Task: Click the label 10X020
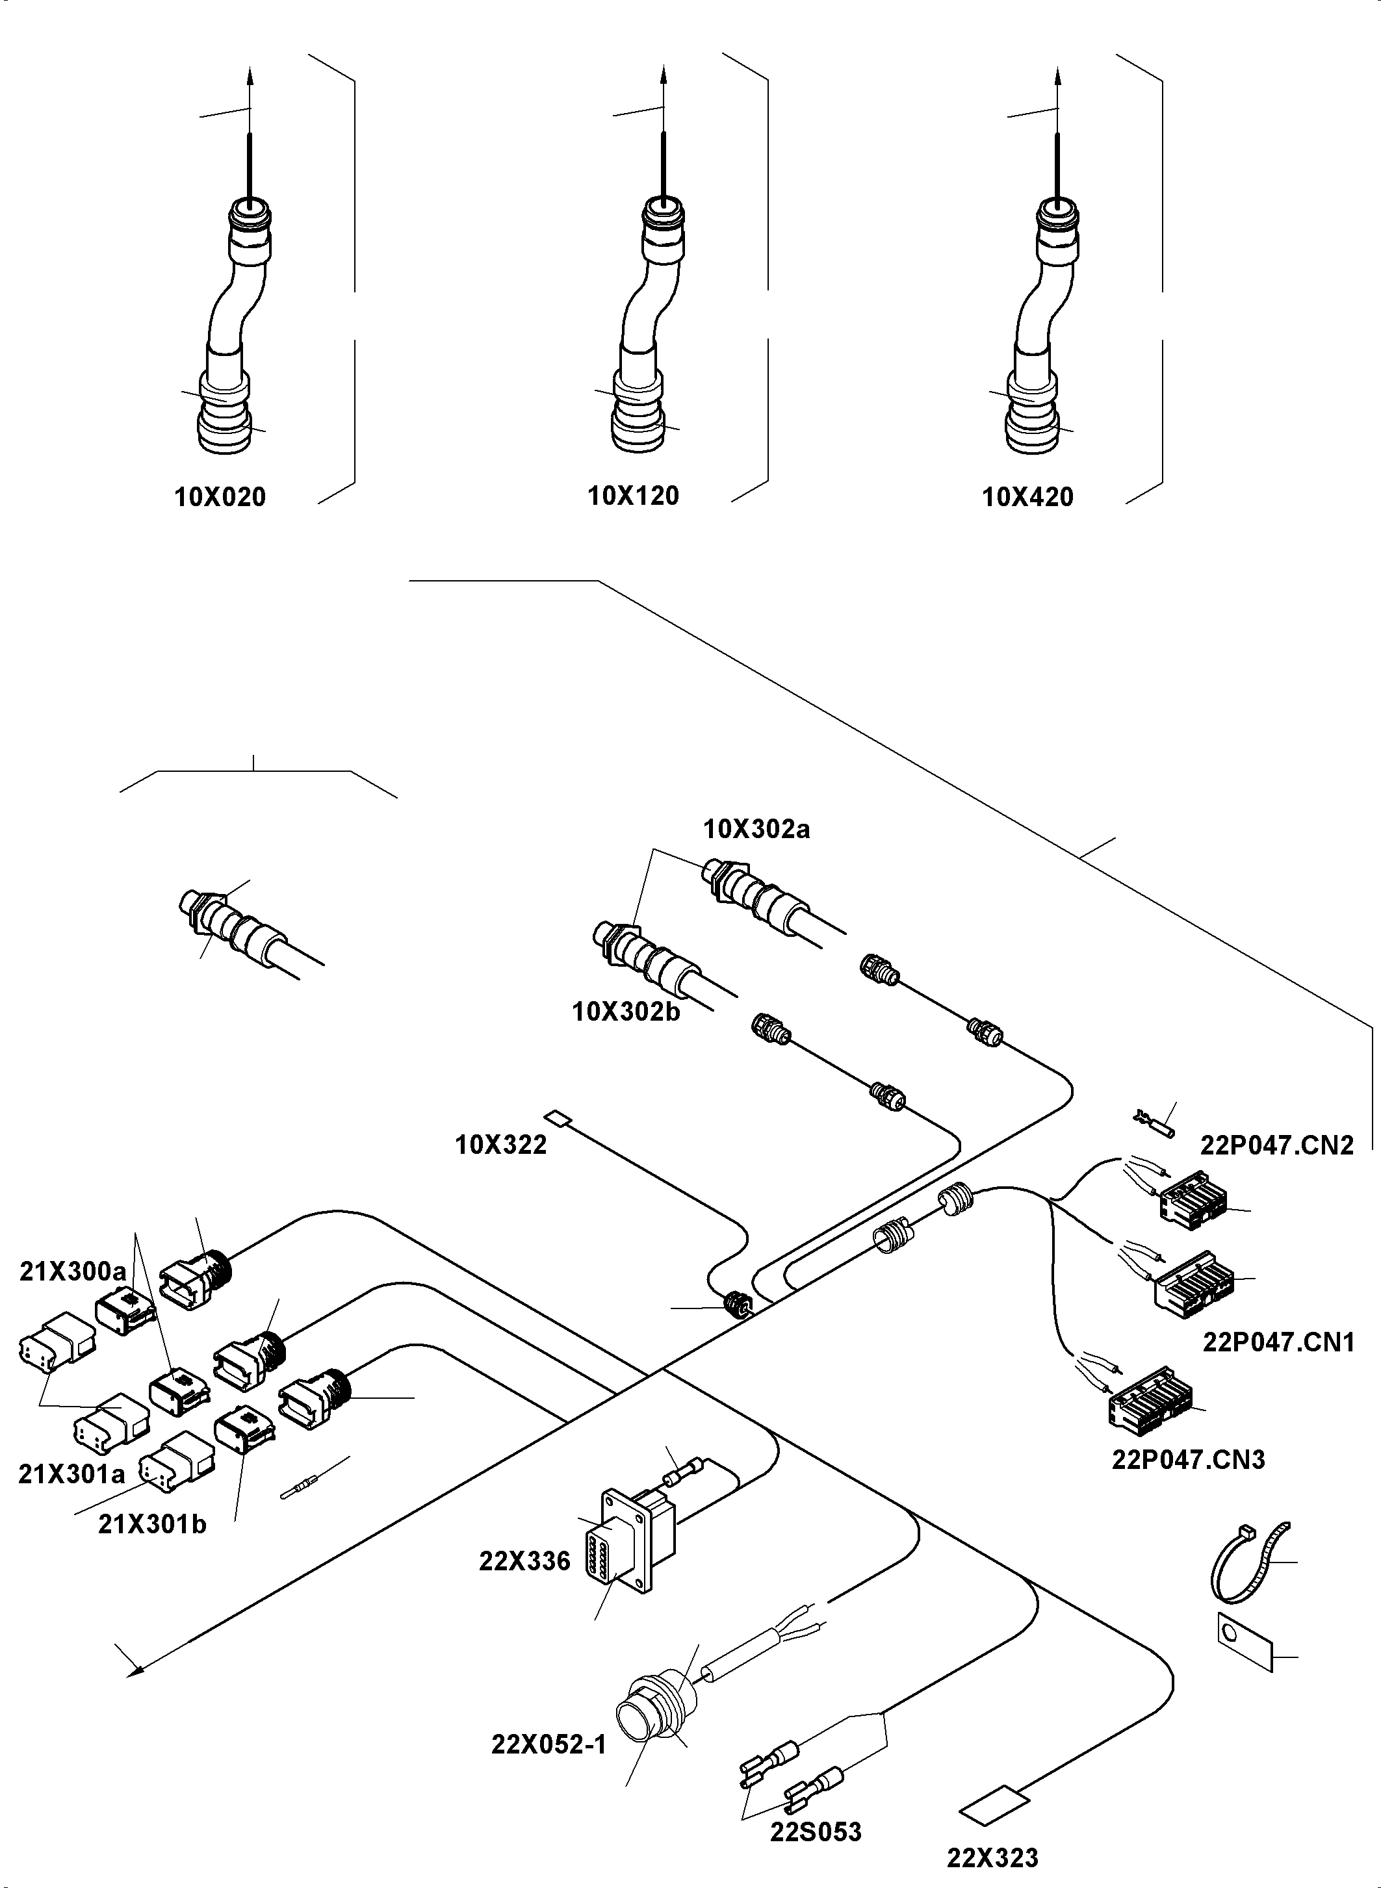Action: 220,497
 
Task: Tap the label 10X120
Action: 633,496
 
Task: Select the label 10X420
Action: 1027,497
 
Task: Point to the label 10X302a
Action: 756,829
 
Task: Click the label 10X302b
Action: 625,1012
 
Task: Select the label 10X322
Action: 501,1144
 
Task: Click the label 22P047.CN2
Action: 1276,1144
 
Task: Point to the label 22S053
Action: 815,1832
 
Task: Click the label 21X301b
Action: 152,1501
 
